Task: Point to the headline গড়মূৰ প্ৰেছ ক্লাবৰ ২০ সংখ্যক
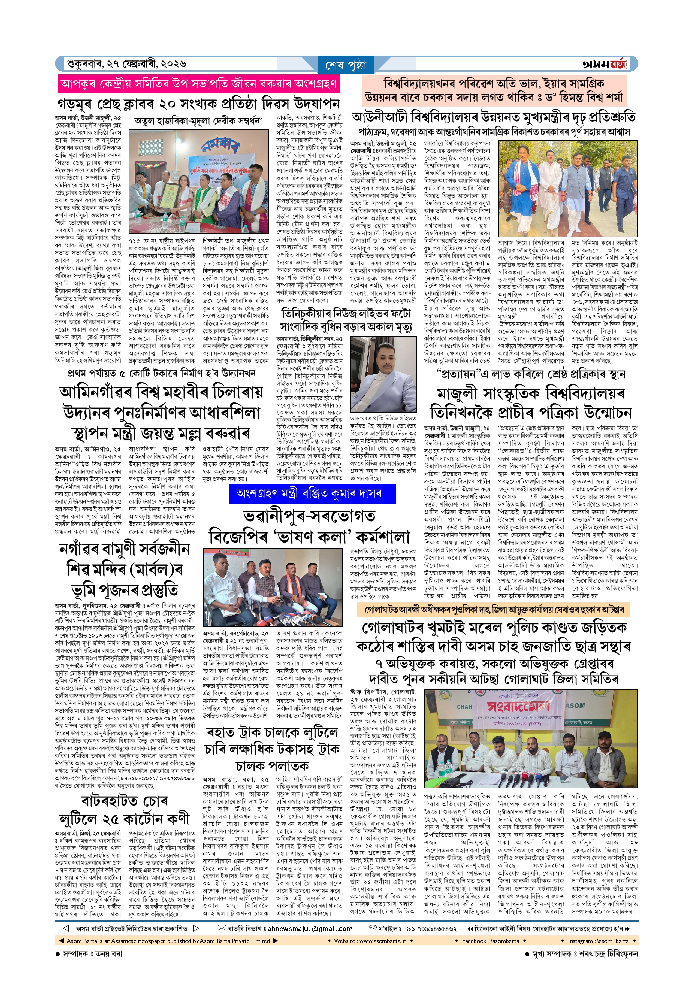[x=199, y=104]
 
